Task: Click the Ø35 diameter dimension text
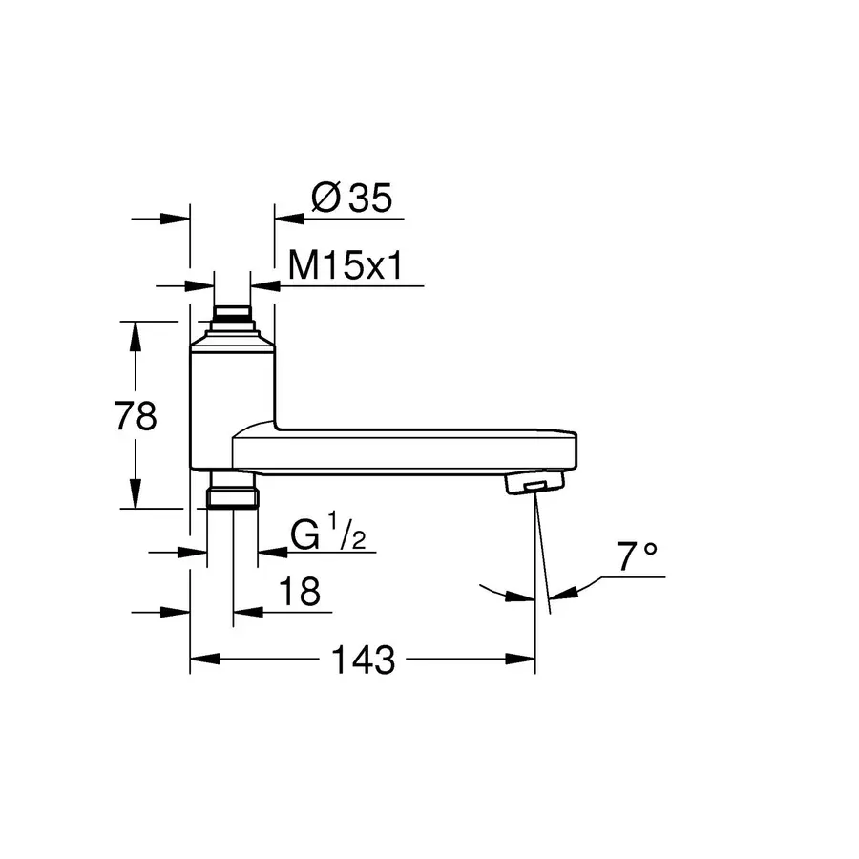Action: [x=352, y=199]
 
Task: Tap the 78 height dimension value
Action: [x=135, y=417]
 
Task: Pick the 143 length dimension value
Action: [x=362, y=660]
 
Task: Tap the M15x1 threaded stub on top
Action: [x=232, y=314]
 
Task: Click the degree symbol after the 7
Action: [x=651, y=551]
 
